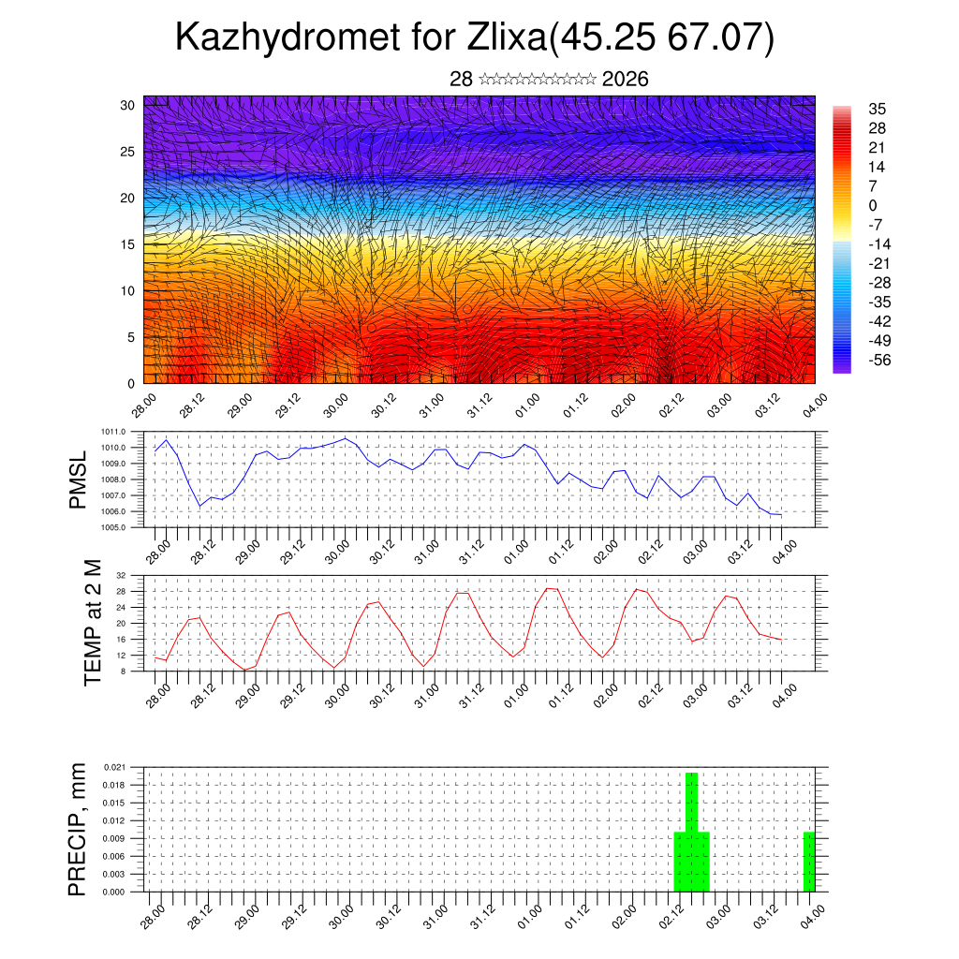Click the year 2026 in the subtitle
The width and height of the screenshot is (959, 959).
click(x=626, y=80)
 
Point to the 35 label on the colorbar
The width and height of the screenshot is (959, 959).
click(x=878, y=109)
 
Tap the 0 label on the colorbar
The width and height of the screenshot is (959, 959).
click(x=873, y=205)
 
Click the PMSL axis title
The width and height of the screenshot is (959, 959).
click(x=78, y=479)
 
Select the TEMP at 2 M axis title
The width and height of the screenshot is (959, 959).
click(x=92, y=622)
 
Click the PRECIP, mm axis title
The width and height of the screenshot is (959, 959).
click(x=78, y=829)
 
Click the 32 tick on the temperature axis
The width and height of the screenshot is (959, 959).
click(x=122, y=575)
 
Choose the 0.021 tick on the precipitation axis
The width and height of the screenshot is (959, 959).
click(x=113, y=767)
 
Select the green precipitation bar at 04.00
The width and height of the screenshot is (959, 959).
click(x=809, y=862)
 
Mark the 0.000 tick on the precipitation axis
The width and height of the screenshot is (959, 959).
click(x=113, y=893)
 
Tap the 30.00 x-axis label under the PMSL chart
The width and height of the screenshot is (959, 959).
click(x=338, y=550)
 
